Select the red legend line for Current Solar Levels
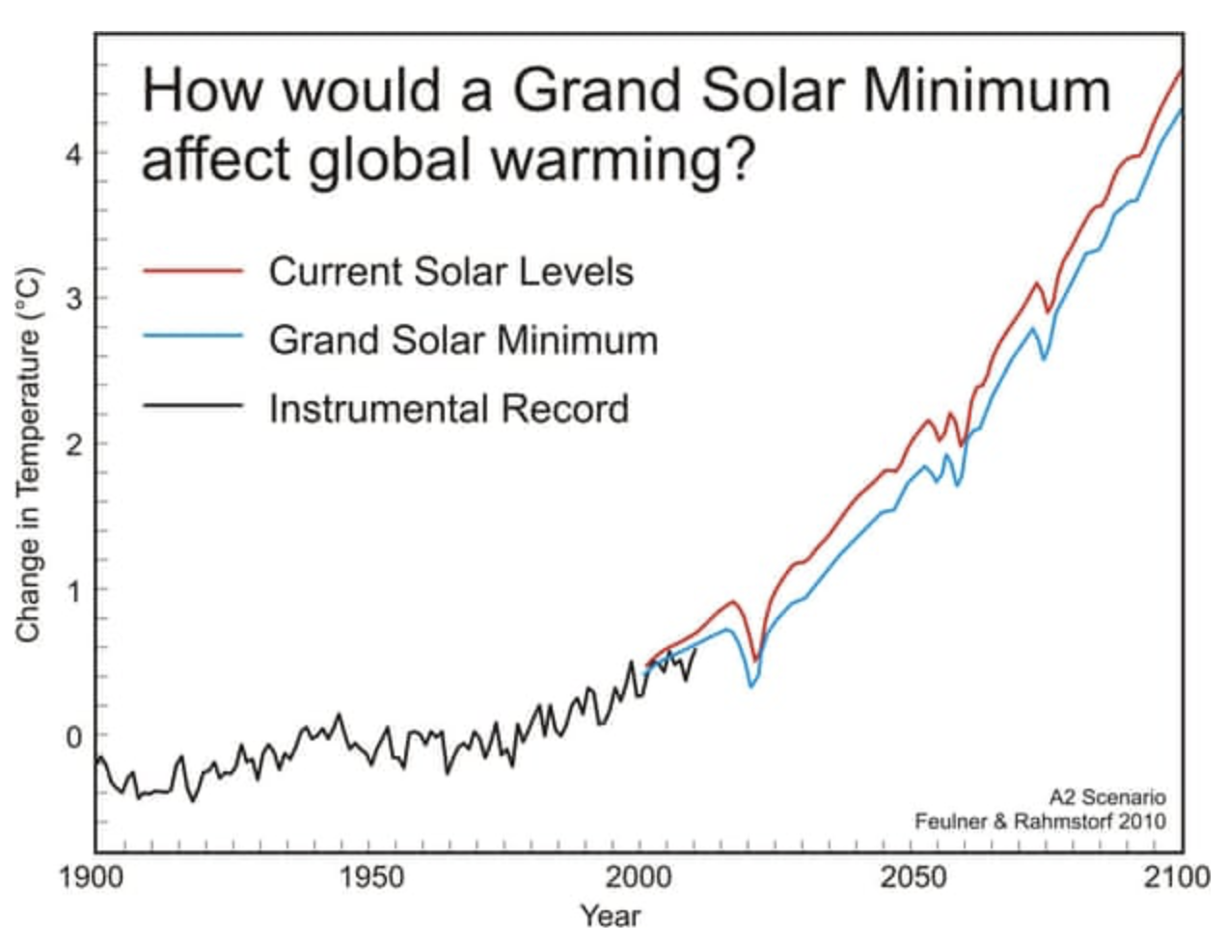(x=192, y=271)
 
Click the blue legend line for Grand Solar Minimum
(x=192, y=337)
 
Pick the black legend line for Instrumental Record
(x=192, y=405)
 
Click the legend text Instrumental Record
(x=449, y=409)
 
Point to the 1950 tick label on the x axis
(x=368, y=877)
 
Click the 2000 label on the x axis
(x=641, y=877)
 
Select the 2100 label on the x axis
(x=1176, y=877)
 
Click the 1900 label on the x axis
(x=91, y=877)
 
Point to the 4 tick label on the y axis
(x=74, y=154)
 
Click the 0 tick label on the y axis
(x=74, y=737)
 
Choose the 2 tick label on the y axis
(x=74, y=445)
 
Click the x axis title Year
(x=610, y=914)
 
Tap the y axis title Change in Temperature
(x=29, y=453)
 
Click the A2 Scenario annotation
(x=1106, y=797)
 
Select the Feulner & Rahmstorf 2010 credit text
(x=1040, y=822)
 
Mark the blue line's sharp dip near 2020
(x=750, y=686)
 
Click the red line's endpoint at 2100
(x=1181, y=70)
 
